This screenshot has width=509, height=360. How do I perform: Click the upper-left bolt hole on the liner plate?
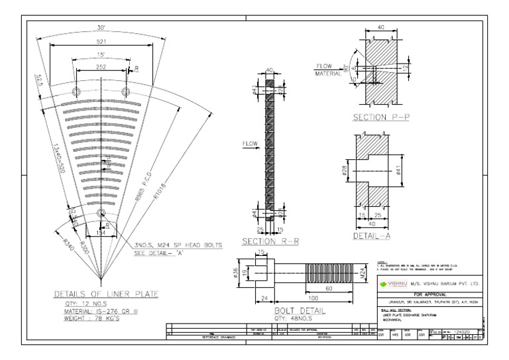click(76, 91)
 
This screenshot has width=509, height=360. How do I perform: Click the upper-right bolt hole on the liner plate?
click(127, 91)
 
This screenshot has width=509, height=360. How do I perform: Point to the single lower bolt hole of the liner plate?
click(101, 213)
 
